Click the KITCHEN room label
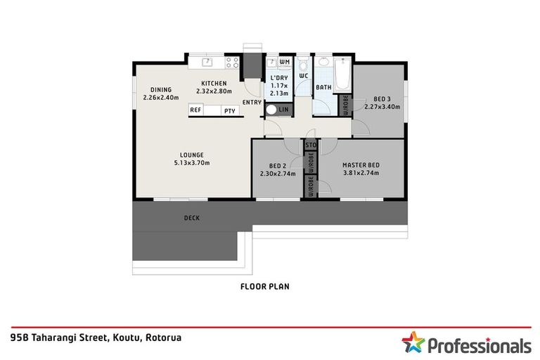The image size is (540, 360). pyautogui.click(x=213, y=83)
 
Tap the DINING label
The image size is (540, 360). pyautogui.click(x=161, y=89)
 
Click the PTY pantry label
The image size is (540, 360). pyautogui.click(x=229, y=110)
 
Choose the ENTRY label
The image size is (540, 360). pyautogui.click(x=252, y=103)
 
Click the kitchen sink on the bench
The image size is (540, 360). pyautogui.click(x=207, y=63)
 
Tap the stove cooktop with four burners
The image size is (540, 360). pyautogui.click(x=231, y=63)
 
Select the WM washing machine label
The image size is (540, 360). pyautogui.click(x=284, y=63)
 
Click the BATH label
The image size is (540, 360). pyautogui.click(x=323, y=88)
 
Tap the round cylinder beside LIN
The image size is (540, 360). pyautogui.click(x=271, y=110)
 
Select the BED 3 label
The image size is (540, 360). pyautogui.click(x=382, y=99)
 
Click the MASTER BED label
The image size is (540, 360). pyautogui.click(x=361, y=165)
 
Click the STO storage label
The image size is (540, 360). pyautogui.click(x=310, y=146)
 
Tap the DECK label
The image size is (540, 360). pyautogui.click(x=191, y=218)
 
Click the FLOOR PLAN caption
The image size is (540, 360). pyautogui.click(x=264, y=286)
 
